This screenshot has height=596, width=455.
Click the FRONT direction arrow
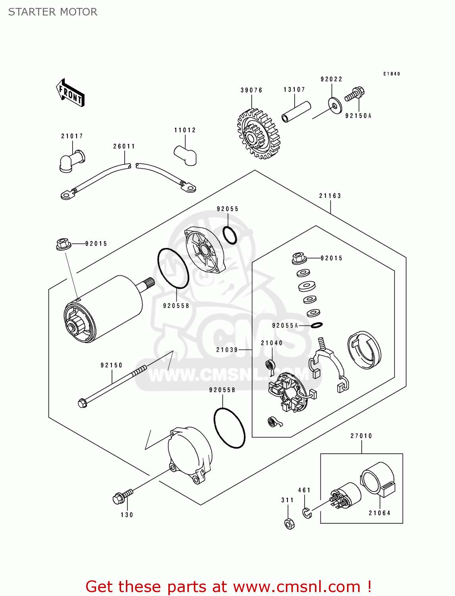[70, 93]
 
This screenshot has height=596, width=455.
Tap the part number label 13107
[294, 90]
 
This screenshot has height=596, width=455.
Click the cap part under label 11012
[185, 154]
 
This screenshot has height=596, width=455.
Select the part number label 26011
[124, 147]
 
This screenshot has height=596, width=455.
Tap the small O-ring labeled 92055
[229, 235]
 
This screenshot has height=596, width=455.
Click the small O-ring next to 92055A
[316, 325]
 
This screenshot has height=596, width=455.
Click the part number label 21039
[227, 350]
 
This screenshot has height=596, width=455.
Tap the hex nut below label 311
[289, 524]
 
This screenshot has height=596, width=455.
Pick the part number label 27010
[361, 436]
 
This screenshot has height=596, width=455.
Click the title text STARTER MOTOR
[53, 12]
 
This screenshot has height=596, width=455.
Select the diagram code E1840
[392, 74]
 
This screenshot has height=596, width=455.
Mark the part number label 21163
[330, 196]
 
